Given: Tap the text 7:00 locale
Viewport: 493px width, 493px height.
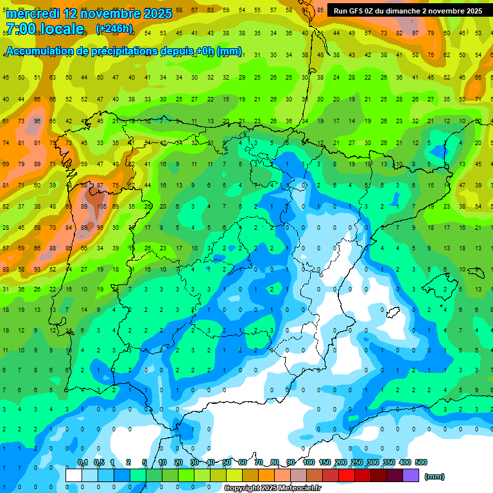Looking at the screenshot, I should click(x=44, y=29).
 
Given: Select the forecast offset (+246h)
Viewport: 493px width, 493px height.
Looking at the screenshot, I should click(x=114, y=29).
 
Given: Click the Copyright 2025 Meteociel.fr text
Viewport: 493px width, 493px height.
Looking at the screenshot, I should click(x=272, y=489).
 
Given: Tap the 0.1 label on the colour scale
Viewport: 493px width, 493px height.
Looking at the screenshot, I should click(x=82, y=462).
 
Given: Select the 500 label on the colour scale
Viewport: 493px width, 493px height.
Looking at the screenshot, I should click(x=421, y=462).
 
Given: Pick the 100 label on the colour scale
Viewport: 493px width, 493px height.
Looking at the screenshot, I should click(x=309, y=462).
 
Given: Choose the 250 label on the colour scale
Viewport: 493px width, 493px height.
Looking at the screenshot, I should click(x=357, y=462).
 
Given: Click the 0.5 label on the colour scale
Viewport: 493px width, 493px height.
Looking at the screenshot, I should click(x=98, y=462).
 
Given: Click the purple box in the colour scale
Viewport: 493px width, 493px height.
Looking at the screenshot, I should click(x=411, y=475).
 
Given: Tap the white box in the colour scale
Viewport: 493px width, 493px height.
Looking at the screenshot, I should click(x=74, y=475).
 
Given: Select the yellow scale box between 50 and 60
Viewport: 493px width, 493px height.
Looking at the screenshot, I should click(x=234, y=475).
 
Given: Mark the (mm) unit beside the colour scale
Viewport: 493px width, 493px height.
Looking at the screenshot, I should click(x=435, y=476).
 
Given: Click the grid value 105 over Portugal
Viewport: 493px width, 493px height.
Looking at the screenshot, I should click(x=101, y=207).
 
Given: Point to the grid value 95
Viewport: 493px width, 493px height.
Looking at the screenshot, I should click(x=101, y=227).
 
